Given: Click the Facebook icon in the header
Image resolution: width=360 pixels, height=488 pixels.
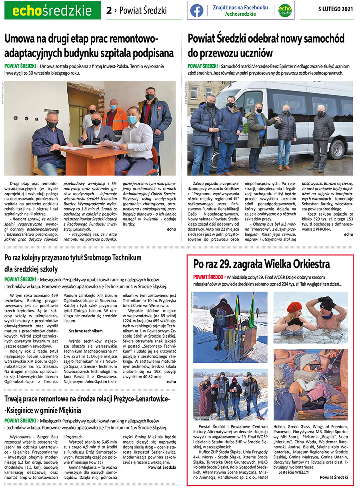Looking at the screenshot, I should [x=196, y=10].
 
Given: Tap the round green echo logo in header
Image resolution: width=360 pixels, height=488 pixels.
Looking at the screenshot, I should [x=284, y=10].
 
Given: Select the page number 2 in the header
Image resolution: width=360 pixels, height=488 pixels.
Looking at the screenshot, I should [x=109, y=11].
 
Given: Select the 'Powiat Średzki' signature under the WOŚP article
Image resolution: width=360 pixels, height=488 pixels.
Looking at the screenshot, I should [x=334, y=477].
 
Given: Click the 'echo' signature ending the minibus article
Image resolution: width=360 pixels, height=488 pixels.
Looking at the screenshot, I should [x=348, y=234].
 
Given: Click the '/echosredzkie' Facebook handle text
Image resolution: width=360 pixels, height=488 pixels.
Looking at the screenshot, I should [x=240, y=14].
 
